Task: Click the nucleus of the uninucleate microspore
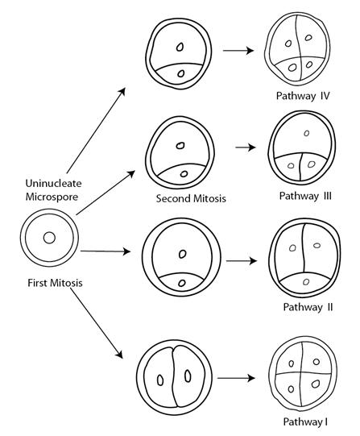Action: [x=49, y=238]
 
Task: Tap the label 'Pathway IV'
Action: [x=303, y=96]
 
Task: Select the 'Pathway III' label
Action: [x=305, y=196]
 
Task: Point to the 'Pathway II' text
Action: [x=308, y=307]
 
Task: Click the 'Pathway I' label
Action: [x=305, y=421]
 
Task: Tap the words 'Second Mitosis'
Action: [x=191, y=198]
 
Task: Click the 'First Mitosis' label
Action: [x=55, y=283]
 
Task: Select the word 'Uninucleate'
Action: [x=54, y=183]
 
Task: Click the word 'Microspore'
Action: [x=52, y=197]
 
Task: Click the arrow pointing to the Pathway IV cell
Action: [x=238, y=51]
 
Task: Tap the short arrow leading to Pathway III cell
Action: [x=246, y=147]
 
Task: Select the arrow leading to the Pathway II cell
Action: [x=242, y=261]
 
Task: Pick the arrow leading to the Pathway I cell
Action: [x=236, y=378]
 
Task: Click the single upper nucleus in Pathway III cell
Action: [x=306, y=133]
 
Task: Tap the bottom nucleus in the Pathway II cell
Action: [x=306, y=282]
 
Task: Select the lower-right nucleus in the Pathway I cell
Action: [x=315, y=384]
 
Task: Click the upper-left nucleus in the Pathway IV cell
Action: [x=288, y=44]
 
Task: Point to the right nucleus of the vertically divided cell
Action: [x=188, y=376]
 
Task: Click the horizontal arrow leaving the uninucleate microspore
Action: [x=106, y=251]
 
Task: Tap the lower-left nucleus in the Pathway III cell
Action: [x=291, y=166]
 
